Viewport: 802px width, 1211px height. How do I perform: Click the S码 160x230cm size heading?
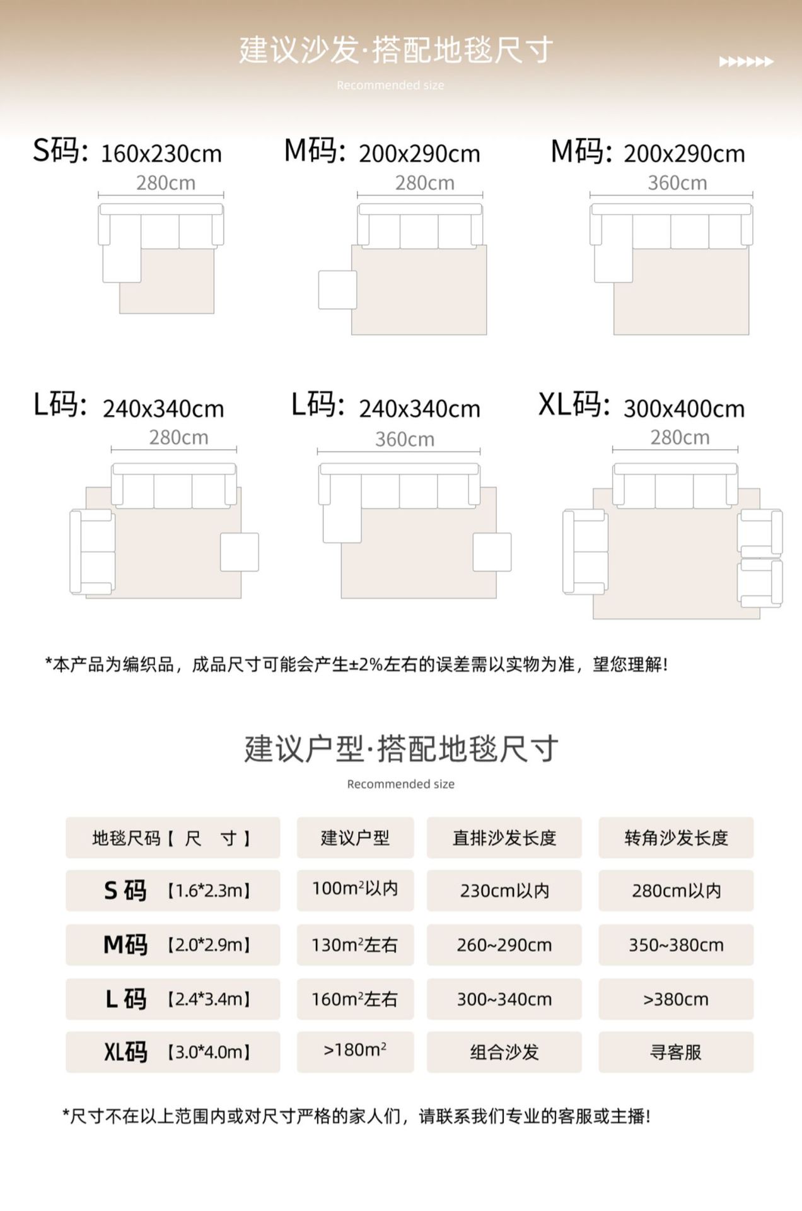127,152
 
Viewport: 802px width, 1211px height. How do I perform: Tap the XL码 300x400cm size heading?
641,406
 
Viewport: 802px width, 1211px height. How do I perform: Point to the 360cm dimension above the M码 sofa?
677,183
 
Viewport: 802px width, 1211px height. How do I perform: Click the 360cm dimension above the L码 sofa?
405,439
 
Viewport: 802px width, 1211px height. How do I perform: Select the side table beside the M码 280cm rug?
337,290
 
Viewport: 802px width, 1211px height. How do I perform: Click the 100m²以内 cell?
355,889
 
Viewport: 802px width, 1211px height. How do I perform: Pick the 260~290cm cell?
504,944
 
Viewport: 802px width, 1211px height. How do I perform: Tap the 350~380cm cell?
676,944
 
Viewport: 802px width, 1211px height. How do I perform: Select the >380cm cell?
676,998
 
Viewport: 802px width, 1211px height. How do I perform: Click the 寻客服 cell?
676,1051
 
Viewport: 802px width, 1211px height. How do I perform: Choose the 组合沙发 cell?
504,1051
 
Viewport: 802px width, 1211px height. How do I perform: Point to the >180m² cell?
355,1050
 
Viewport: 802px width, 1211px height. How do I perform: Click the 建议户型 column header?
355,838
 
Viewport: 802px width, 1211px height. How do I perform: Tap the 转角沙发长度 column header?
676,838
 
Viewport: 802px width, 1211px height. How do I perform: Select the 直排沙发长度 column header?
504,838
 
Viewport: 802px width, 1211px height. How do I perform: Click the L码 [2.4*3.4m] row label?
173,998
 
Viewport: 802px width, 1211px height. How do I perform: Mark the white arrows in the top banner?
746,62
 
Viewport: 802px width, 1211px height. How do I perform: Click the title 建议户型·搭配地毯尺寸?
401,749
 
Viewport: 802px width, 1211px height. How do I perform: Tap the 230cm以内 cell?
504,890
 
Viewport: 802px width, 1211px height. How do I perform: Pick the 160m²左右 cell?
355,998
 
